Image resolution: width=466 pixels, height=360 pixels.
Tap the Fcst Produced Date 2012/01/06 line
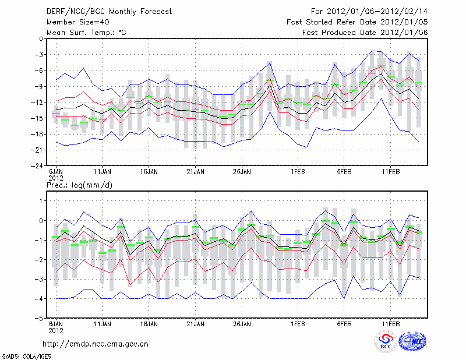pos(365,33)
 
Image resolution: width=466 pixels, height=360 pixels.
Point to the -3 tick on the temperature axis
pos(40,55)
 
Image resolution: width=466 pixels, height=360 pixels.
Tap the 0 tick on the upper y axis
pos(42,39)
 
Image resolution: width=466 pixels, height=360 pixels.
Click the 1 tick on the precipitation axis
pos(42,201)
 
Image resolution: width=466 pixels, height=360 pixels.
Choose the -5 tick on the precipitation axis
pos(40,319)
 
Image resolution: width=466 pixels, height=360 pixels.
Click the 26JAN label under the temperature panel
pos(242,172)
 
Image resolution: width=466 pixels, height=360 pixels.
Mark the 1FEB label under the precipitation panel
pos(298,323)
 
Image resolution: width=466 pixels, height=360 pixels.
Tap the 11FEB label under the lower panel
pos(390,323)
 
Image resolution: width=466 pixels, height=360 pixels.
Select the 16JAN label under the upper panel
pos(149,172)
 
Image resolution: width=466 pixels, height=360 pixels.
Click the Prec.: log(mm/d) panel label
pos(80,185)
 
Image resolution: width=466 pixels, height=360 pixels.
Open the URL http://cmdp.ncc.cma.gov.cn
pos(96,344)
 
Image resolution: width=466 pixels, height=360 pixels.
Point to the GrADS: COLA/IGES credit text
pos(21,355)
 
